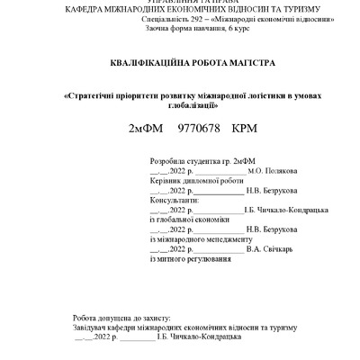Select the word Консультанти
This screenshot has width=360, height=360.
pyautogui.click(x=176, y=200)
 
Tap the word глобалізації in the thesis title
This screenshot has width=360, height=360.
pyautogui.click(x=180, y=105)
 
